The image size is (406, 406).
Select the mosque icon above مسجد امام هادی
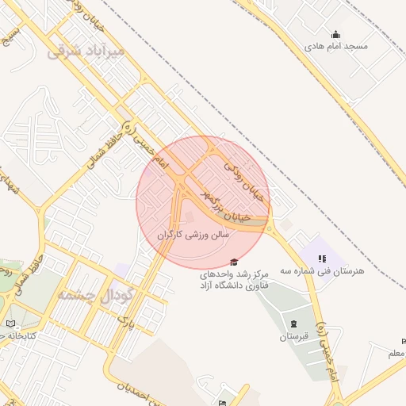tap(336, 34)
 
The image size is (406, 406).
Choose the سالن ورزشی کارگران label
tap(193, 235)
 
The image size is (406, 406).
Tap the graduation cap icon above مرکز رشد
tap(233, 262)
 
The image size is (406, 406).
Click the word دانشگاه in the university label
tap(262, 285)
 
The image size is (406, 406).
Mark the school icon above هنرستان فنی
tap(322, 258)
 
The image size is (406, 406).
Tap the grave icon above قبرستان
tap(293, 324)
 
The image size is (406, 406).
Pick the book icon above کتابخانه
tap(10, 324)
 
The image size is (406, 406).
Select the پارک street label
tap(124, 320)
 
